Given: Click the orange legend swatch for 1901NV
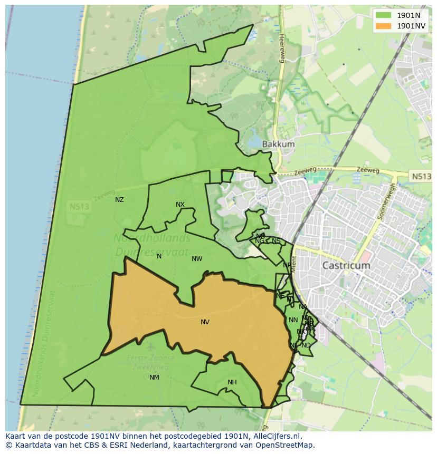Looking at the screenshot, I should (384, 26).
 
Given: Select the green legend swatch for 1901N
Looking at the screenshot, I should (384, 15).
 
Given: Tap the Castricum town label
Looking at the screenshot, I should (346, 265).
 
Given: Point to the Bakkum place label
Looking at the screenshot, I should (278, 144).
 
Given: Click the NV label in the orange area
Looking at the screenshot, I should (205, 322).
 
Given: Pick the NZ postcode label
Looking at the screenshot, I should (119, 200).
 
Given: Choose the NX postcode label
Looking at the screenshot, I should (180, 205).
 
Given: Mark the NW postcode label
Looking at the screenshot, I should (197, 259).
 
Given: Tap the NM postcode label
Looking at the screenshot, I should (154, 378).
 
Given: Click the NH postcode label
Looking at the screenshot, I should (232, 382).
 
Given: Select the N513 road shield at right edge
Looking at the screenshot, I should (421, 177).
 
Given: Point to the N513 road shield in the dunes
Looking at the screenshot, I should (79, 207).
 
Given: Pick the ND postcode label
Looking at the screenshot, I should (306, 345).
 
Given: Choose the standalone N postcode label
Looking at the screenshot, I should (159, 256).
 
